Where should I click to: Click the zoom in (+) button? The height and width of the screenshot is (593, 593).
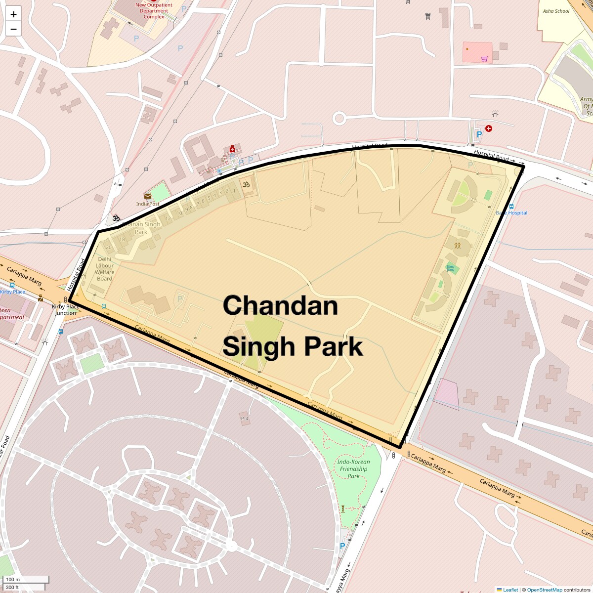[x=13, y=14]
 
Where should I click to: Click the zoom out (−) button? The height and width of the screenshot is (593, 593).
[x=13, y=29]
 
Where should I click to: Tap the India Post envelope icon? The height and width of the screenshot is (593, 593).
[x=148, y=196]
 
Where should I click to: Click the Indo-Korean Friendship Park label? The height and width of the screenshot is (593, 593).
[x=353, y=469]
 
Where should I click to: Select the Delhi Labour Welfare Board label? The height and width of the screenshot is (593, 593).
[x=104, y=269]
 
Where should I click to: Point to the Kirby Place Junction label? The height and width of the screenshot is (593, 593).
[x=66, y=310]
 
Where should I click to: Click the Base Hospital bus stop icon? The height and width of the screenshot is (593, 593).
[x=511, y=207]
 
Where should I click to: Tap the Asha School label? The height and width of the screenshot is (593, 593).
[x=556, y=11]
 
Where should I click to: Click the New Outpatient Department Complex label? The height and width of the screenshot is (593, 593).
[x=154, y=11]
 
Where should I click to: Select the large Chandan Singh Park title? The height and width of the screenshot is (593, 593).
[x=293, y=326]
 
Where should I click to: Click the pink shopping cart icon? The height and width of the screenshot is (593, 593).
[x=484, y=59]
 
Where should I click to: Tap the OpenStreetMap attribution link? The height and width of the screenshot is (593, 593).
[x=544, y=590]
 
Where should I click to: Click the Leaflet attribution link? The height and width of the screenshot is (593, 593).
[x=510, y=590]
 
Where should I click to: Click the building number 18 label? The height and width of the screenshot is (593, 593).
[x=122, y=239]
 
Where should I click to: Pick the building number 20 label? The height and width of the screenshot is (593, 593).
[x=109, y=248]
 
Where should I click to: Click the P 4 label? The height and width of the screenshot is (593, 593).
[x=245, y=419]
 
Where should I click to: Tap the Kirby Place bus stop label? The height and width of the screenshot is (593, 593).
[x=12, y=292]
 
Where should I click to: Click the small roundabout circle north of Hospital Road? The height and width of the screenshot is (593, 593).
[x=339, y=118]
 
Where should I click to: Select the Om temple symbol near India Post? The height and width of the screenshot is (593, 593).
[x=116, y=218]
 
